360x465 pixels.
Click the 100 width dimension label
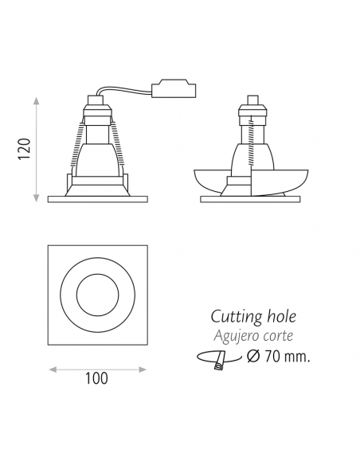pos(96,379)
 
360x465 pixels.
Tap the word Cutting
pos(235,318)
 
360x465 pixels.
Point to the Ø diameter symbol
pos(252,356)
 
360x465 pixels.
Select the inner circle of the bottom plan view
pos(97,297)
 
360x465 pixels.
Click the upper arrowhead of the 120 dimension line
pos(37,101)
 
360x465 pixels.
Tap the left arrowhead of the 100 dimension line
pos(53,369)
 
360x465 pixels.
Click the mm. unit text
pos(297,356)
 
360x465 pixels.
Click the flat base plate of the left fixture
pos(97,197)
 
